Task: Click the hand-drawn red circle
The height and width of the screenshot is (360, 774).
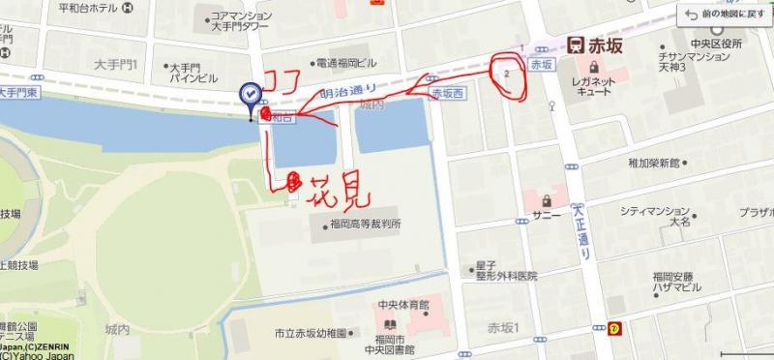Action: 507,73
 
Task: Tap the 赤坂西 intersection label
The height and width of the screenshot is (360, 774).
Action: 448,94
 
